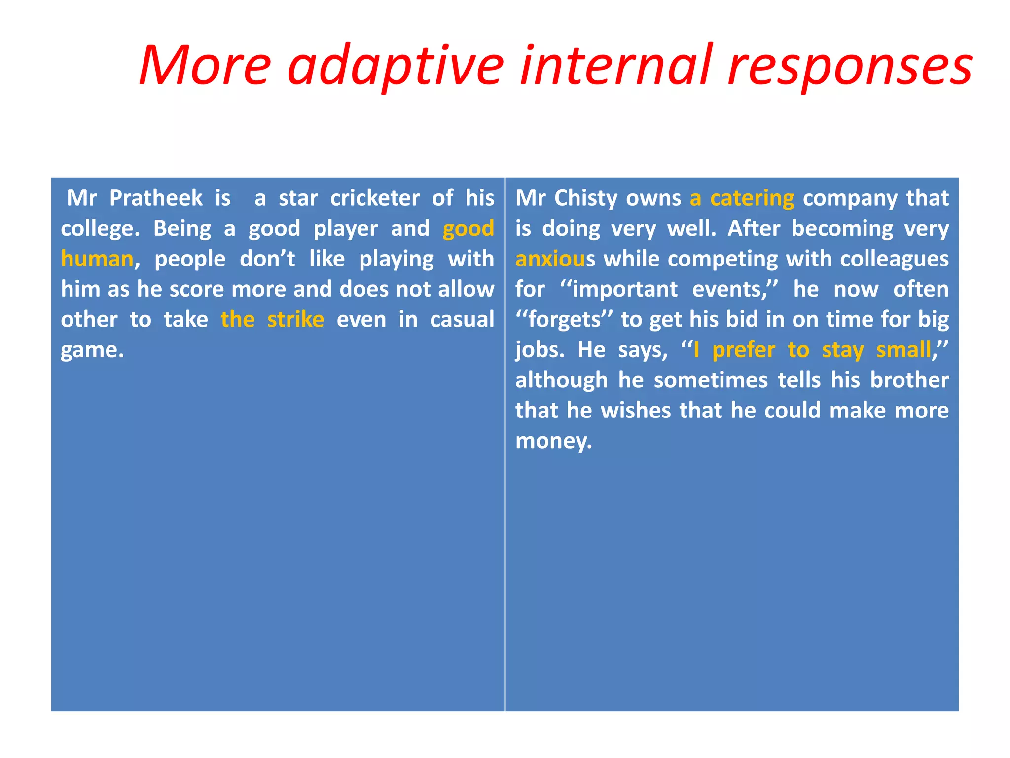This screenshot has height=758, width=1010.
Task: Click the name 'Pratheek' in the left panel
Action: click(x=155, y=198)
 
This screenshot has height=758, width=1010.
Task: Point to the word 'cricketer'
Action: click(x=375, y=198)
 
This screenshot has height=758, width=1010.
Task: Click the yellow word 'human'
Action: click(x=97, y=259)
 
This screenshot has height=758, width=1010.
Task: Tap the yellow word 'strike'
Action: click(x=295, y=320)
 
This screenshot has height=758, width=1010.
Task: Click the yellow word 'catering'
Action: click(x=752, y=198)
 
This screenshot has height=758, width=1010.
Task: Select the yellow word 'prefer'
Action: click(x=744, y=350)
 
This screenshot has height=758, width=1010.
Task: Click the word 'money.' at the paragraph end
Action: click(x=553, y=441)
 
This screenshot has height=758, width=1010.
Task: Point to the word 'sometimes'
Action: click(x=711, y=380)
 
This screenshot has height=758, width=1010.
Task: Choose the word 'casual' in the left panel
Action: click(x=462, y=320)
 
